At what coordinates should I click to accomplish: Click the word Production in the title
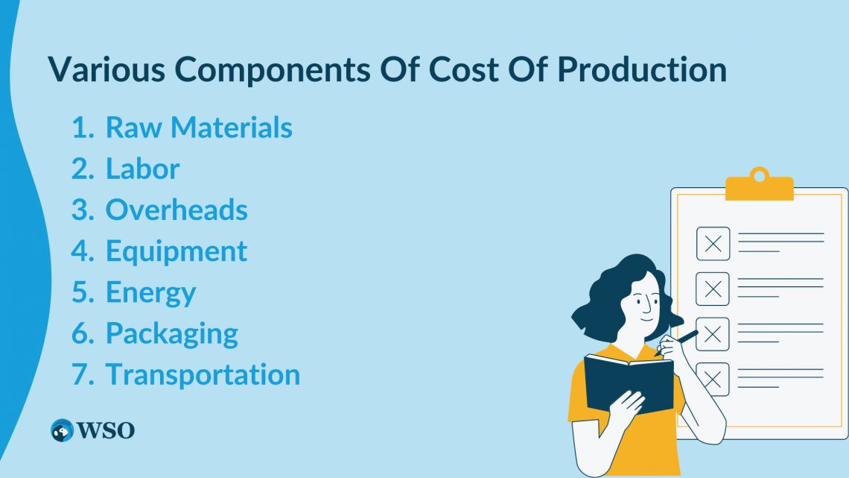[x=642, y=70]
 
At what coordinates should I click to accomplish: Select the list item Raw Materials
[x=199, y=128]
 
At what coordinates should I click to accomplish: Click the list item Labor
[x=142, y=169]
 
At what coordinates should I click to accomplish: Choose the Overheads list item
[x=177, y=210]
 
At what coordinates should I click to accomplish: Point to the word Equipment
[x=177, y=251]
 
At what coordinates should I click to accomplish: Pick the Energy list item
[x=151, y=292]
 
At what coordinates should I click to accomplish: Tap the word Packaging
[x=172, y=333]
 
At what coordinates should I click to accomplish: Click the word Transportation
[x=203, y=374]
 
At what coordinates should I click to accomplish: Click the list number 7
[x=80, y=374]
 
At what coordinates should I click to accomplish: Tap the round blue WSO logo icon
[x=62, y=430]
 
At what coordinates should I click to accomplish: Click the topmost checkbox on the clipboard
[x=713, y=244]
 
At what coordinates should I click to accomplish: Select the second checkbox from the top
[x=713, y=289]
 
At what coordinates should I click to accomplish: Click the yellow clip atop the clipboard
[x=759, y=186]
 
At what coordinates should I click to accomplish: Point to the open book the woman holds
[x=628, y=381]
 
